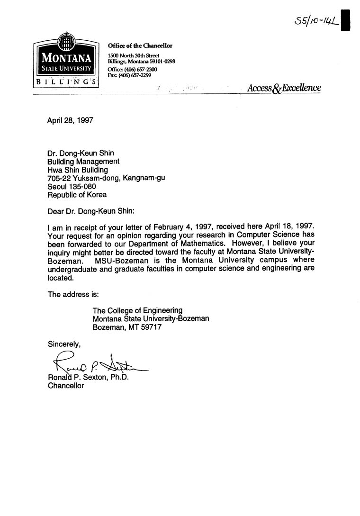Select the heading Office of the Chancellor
140,46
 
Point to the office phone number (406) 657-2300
132,70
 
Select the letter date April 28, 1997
70,120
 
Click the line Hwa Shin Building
78,170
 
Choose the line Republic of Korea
77,195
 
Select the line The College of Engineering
137,311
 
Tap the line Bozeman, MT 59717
127,327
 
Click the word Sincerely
64,344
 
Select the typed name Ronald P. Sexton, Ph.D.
88,378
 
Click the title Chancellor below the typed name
66,386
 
